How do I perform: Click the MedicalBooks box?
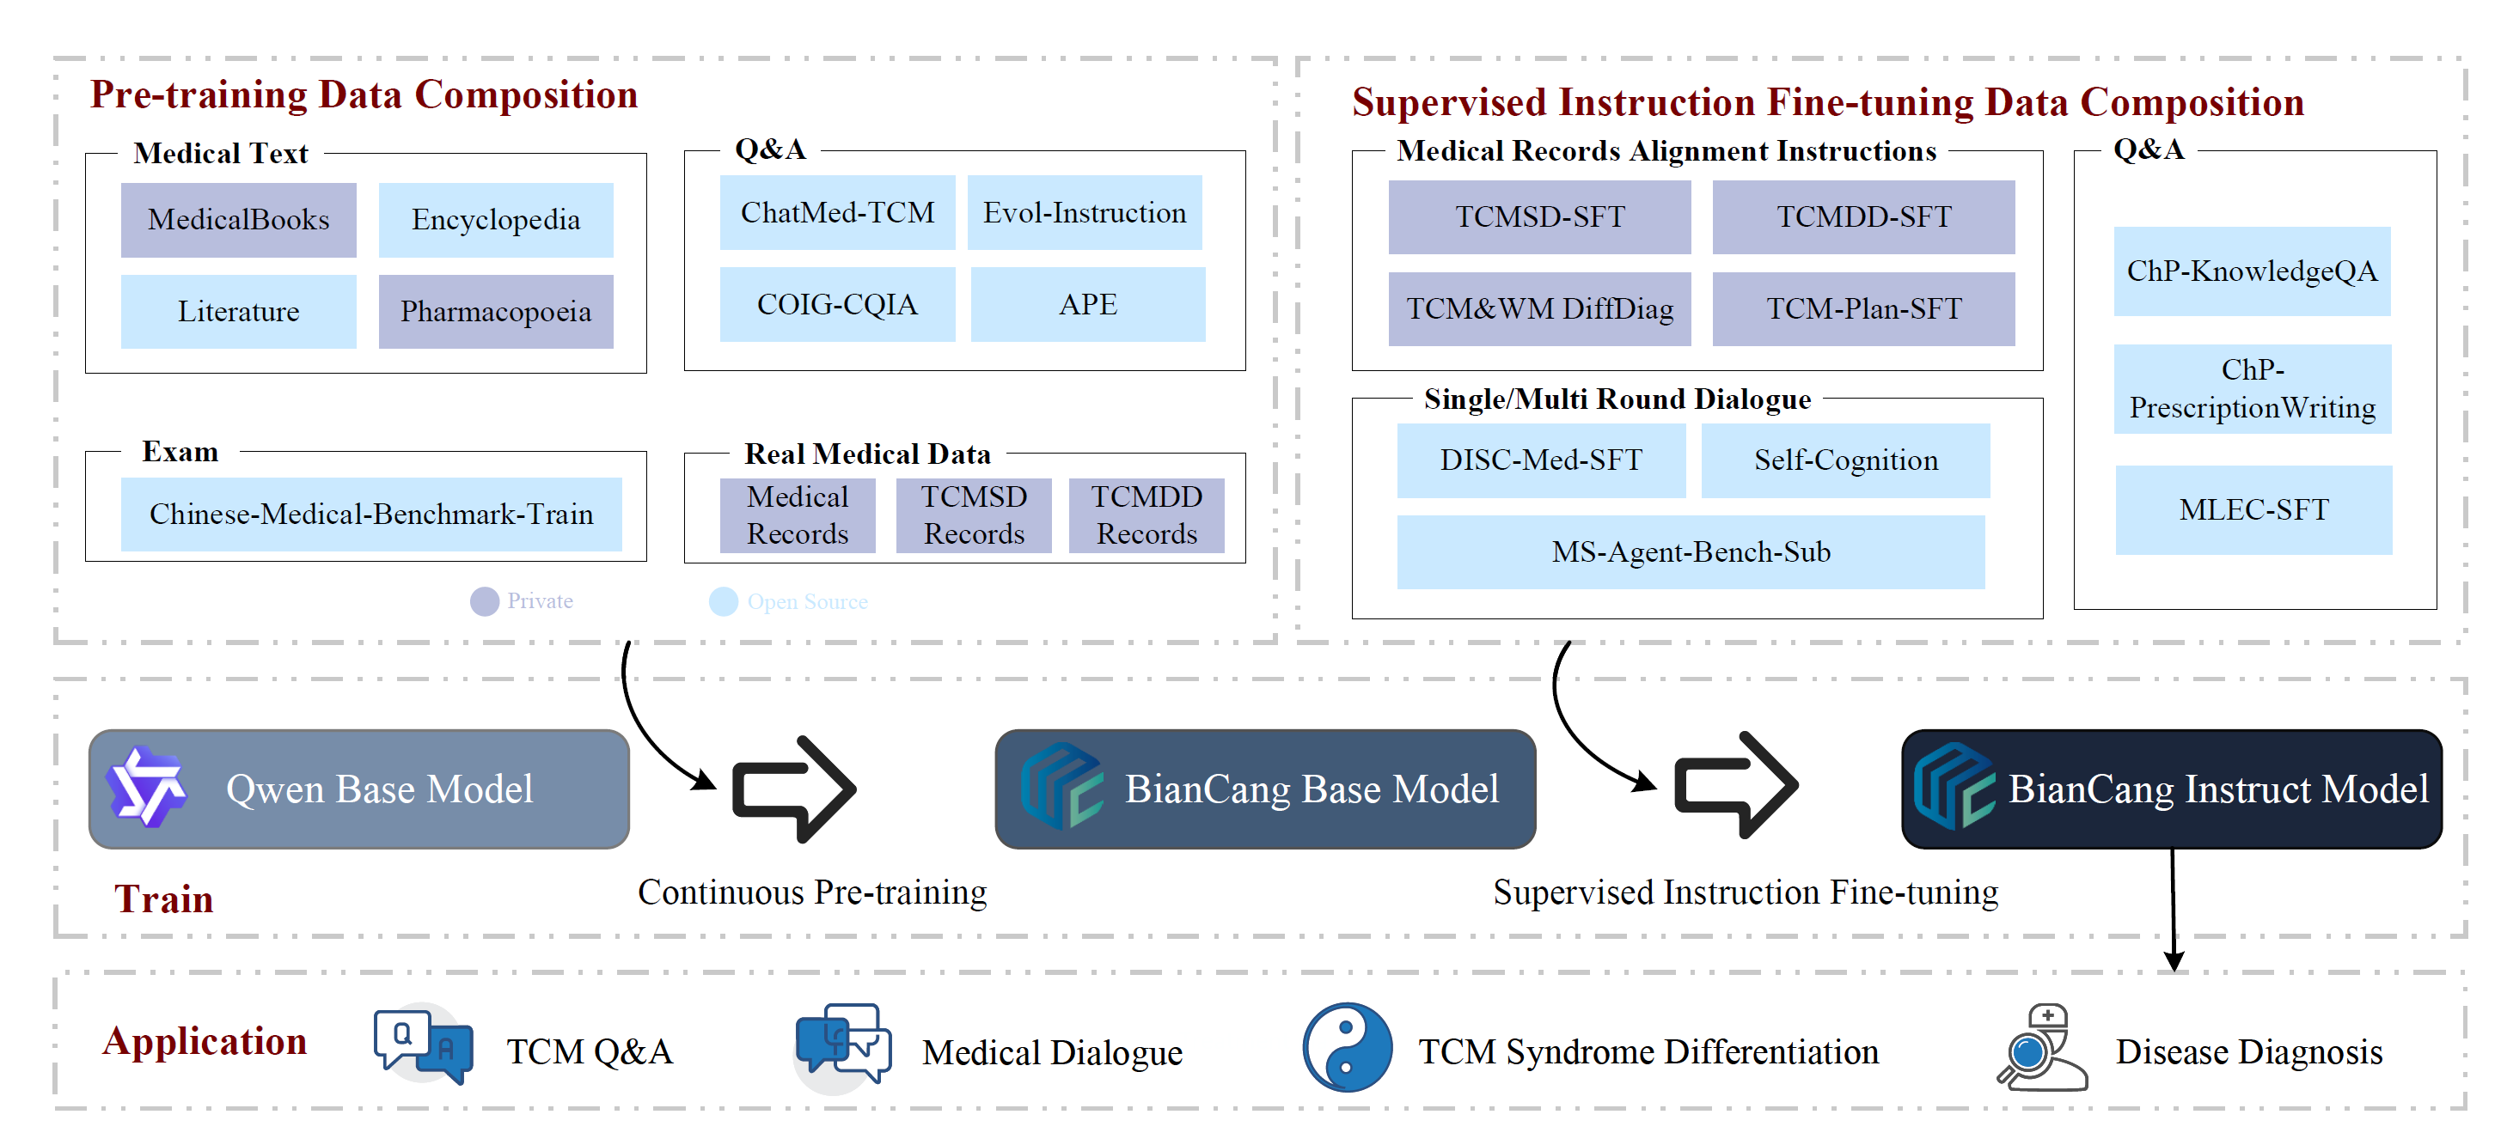tap(238, 219)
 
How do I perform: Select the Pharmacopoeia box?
tap(495, 312)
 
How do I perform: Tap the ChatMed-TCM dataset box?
tap(837, 212)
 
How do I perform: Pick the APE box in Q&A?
tap(1087, 305)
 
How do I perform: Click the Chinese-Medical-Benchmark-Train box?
tap(371, 514)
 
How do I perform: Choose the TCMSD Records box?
tap(973, 515)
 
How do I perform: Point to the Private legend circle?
tap(485, 601)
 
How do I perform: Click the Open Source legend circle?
tap(724, 601)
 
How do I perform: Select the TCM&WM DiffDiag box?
tap(1539, 308)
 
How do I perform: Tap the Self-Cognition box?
tap(1844, 460)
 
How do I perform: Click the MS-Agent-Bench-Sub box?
tap(1691, 551)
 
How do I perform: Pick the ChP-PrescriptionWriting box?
tap(2252, 388)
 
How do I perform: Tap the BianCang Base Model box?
tap(1264, 789)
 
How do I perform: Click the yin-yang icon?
tap(1347, 1048)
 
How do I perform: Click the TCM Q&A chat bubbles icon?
tap(424, 1045)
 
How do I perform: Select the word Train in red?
tap(163, 898)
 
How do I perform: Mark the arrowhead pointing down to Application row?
tap(2174, 960)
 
